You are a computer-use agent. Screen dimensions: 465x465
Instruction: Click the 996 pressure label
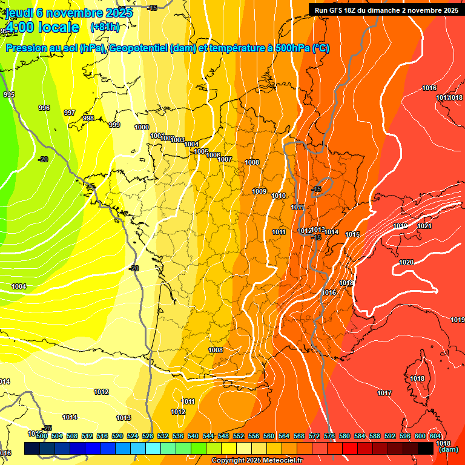pyautogui.click(x=44, y=108)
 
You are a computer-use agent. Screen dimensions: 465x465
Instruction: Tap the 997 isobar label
pyautogui.click(x=70, y=113)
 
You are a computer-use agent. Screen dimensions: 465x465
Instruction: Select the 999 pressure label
pyautogui.click(x=114, y=125)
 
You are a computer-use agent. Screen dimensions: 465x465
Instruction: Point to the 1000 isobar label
pyautogui.click(x=142, y=127)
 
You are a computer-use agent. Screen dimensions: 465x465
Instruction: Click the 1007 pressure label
pyautogui.click(x=225, y=159)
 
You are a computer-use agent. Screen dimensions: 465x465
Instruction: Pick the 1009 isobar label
pyautogui.click(x=259, y=191)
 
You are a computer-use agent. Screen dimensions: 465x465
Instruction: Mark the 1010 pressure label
pyautogui.click(x=279, y=196)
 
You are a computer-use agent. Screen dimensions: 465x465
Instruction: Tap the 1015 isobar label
pyautogui.click(x=353, y=234)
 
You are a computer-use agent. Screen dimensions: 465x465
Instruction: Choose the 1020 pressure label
pyautogui.click(x=406, y=262)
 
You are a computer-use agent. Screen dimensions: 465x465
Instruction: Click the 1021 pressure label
pyautogui.click(x=424, y=226)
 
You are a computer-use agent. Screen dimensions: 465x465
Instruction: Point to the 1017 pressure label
pyautogui.click(x=384, y=393)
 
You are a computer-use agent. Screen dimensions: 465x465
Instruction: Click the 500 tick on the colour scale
pyautogui.click(x=42, y=436)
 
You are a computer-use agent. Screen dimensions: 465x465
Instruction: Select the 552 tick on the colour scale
pyautogui.click(x=239, y=436)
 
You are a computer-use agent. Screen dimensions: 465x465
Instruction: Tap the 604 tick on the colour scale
pyautogui.click(x=435, y=436)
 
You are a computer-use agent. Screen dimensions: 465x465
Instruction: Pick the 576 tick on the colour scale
pyautogui.click(x=329, y=436)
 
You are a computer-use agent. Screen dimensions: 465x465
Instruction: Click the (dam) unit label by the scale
pyautogui.click(x=447, y=450)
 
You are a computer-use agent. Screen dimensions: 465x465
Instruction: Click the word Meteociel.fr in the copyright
pyautogui.click(x=279, y=461)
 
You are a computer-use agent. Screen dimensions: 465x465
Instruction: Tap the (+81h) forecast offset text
pyautogui.click(x=105, y=27)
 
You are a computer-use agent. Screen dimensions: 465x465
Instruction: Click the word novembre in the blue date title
pyautogui.click(x=74, y=13)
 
